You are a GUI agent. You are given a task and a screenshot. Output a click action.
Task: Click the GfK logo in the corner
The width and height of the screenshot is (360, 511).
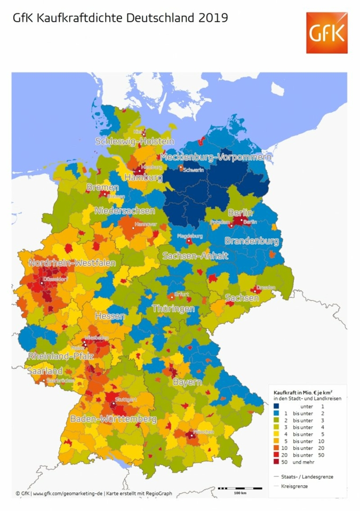coord(326,33)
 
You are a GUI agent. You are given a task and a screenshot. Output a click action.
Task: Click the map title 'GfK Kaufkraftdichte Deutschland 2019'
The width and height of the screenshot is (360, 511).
coord(120,18)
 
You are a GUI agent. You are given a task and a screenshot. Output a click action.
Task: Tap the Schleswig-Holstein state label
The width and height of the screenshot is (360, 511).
coord(134,141)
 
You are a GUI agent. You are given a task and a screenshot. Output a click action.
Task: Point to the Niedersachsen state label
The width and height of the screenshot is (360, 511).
coord(125,211)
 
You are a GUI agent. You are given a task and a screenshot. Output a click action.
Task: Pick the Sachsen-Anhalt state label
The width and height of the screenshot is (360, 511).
coord(195,255)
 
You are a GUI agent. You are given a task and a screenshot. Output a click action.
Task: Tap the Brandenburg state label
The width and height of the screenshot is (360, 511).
coord(252,241)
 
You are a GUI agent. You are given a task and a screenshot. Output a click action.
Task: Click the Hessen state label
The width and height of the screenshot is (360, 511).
coord(110,316)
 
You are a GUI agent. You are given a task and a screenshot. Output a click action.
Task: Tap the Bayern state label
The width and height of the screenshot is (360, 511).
coord(187,382)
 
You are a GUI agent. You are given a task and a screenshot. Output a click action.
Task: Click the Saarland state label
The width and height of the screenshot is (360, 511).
coord(45,371)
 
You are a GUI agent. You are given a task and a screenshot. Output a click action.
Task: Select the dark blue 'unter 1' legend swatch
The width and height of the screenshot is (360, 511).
coord(276,406)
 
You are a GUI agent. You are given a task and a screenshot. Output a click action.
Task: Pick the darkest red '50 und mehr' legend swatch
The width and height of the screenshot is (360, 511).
coord(276,462)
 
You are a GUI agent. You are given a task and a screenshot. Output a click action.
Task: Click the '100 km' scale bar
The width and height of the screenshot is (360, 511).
coord(240,489)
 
